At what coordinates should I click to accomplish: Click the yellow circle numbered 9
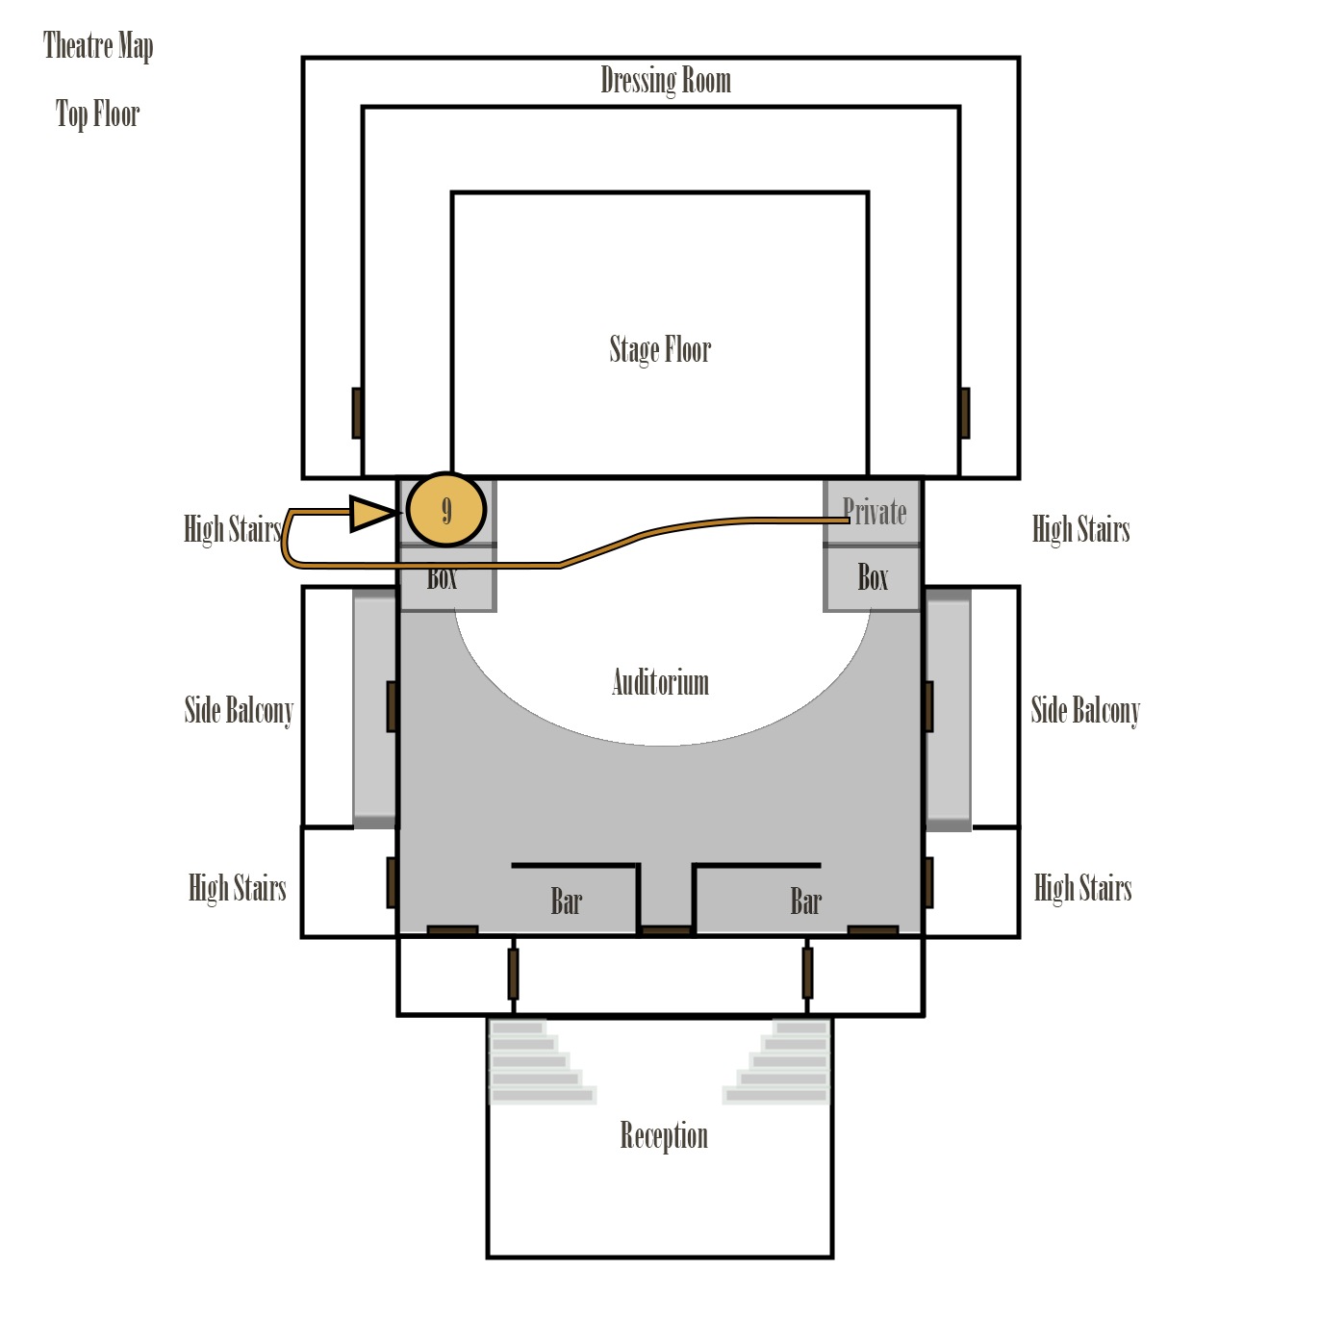coord(446,510)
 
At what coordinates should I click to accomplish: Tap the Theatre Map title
coord(98,46)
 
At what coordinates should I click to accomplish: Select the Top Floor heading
coord(97,114)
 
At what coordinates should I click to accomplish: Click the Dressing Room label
coord(666,81)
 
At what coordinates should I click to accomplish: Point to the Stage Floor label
coord(660,349)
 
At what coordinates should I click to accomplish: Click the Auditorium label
coord(660,683)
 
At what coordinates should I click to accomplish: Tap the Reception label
coord(664,1136)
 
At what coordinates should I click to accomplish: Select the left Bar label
coord(567,902)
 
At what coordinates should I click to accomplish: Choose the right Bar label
coord(806,902)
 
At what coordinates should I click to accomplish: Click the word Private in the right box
coord(875,512)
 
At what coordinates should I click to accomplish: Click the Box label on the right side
coord(873,578)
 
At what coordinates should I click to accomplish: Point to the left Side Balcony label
coord(239,711)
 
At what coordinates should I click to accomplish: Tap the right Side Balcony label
coord(1085,711)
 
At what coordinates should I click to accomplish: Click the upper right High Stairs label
coord(1080,529)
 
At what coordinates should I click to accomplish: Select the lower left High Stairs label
coord(238,888)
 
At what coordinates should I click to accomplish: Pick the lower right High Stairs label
coord(1082,888)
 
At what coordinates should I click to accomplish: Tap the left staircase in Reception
coord(539,1063)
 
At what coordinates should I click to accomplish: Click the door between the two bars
coord(666,931)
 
